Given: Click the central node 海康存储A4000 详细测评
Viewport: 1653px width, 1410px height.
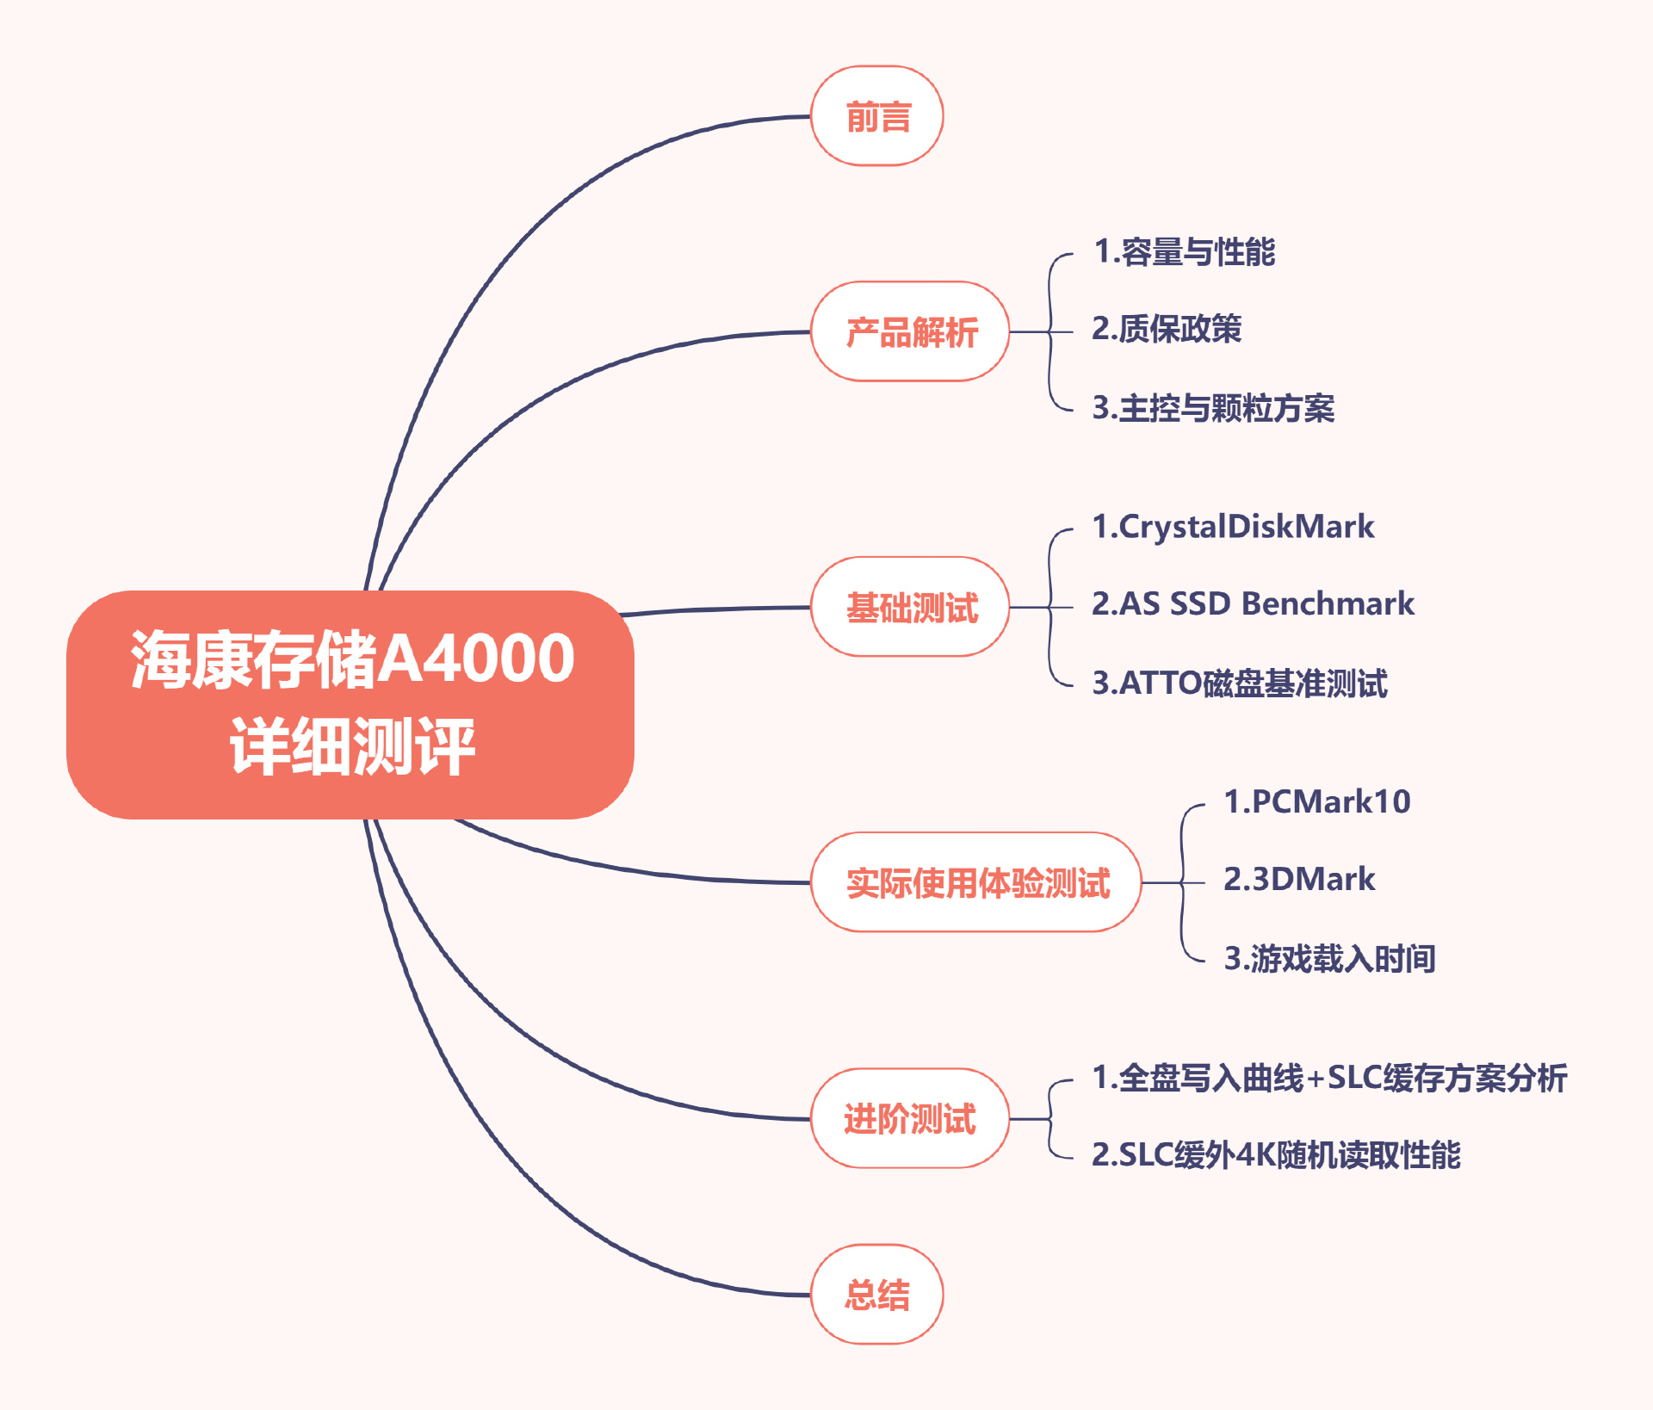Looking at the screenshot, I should coord(350,704).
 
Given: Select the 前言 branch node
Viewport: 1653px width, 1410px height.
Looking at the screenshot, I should coord(877,116).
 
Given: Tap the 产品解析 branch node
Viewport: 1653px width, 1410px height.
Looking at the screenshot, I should coord(911,332).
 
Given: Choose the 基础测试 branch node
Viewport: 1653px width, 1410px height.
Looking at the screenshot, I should coord(911,608).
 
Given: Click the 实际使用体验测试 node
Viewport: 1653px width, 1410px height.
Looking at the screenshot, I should coord(976,883).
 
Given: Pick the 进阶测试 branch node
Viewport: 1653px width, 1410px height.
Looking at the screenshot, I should coord(909,1119).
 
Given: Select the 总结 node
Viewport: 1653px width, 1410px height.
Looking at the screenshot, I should coord(877,1295).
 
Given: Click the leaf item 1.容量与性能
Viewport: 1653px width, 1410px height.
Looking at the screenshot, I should coord(1184,252).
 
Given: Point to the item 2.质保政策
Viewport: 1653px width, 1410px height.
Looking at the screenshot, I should coord(1167,329).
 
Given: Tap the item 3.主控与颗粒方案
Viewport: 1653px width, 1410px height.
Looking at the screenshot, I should coord(1213,408).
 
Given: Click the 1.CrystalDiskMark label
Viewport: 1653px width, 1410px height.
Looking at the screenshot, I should coord(1233,527).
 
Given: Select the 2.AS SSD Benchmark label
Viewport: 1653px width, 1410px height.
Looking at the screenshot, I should coord(1253,604).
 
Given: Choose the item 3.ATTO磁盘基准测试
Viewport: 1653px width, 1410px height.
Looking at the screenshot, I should coord(1240,683).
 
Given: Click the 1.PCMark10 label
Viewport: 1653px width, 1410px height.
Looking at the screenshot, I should coord(1317,802).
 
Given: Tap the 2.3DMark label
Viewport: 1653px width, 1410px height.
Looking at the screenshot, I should coord(1299,880).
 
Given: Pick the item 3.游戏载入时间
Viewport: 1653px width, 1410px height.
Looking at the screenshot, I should coord(1329,958).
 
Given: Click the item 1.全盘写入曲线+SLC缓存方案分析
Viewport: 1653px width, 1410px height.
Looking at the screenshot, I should coord(1329,1078).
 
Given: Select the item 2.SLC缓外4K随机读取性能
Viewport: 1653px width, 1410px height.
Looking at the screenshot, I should coord(1276,1155).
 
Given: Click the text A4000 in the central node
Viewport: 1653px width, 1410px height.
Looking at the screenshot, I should coord(476,659).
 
